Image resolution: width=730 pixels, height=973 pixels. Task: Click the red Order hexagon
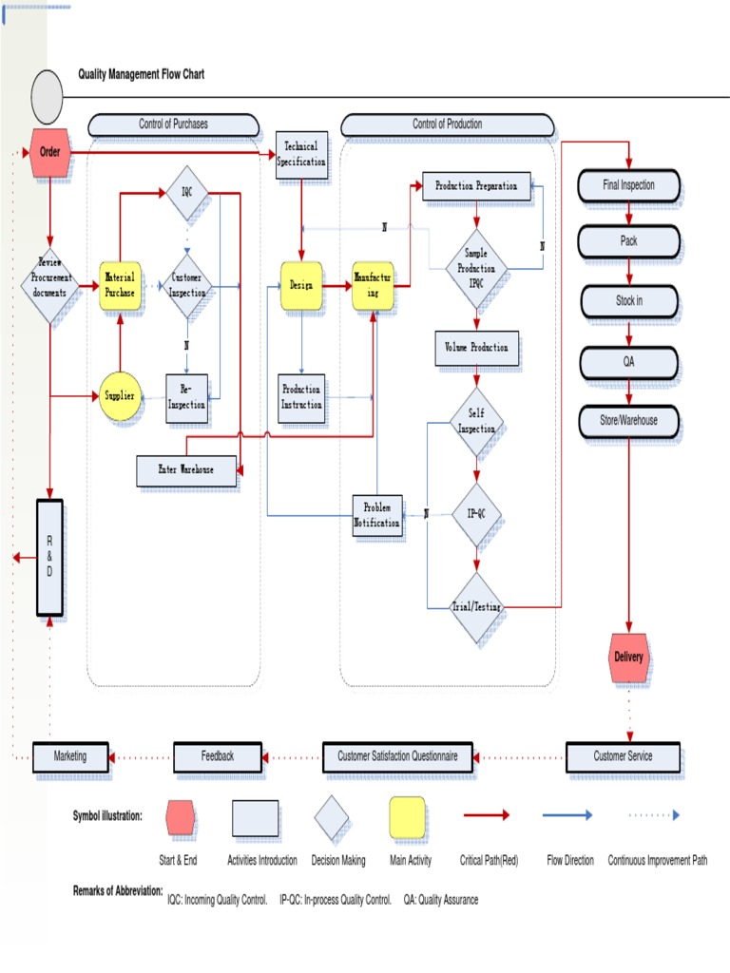49,153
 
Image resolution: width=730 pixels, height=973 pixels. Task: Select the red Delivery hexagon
628,658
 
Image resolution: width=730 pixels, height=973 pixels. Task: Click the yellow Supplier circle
120,394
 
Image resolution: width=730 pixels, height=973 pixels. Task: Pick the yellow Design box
301,285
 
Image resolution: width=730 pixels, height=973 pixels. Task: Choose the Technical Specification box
301,154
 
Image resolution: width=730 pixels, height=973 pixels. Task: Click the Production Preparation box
476,186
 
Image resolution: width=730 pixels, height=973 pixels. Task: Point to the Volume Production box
476,347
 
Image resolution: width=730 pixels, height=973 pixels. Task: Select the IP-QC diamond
476,513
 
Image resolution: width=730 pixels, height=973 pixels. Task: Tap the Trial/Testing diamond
476,607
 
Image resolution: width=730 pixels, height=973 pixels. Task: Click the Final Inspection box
629,185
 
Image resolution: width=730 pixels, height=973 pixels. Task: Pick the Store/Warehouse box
629,419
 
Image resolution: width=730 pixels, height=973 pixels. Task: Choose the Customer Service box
623,756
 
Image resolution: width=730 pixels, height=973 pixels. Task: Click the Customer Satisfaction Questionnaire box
397,756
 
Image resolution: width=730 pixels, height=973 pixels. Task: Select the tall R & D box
49,558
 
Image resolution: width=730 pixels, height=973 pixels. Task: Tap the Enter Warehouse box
186,469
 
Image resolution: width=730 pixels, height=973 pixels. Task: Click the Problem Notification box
377,515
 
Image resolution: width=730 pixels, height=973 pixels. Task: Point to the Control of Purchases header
173,124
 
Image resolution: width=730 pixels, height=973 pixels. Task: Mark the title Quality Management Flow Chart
141,74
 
